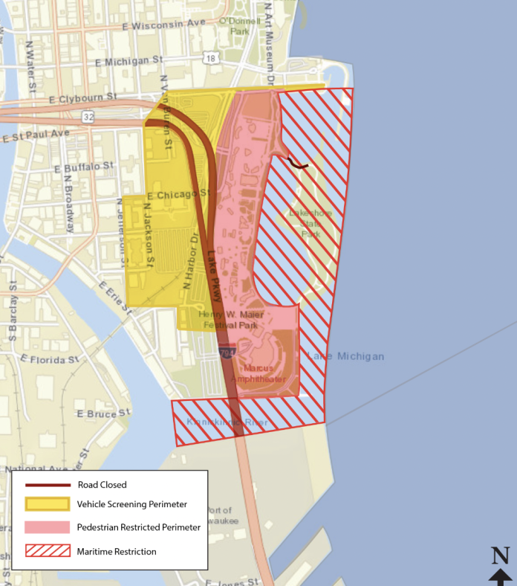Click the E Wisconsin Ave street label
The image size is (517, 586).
click(167, 23)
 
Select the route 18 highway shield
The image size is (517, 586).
click(212, 58)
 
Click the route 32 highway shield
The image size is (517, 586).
click(88, 117)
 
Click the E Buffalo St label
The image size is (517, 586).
click(85, 167)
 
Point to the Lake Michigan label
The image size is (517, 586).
click(346, 357)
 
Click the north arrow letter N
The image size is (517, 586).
click(500, 555)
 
